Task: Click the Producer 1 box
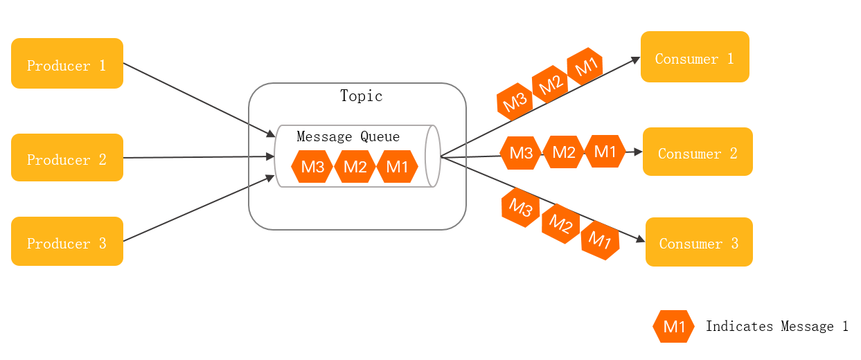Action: point(67,64)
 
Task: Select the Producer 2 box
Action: point(67,158)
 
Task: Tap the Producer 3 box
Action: point(67,242)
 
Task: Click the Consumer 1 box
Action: point(695,57)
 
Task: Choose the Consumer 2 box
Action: point(698,152)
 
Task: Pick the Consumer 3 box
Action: point(699,242)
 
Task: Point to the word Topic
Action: point(362,96)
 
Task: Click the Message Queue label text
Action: point(348,137)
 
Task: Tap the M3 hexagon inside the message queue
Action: point(312,167)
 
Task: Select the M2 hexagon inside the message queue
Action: point(355,167)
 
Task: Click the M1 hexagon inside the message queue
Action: point(397,167)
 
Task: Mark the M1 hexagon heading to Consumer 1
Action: point(585,66)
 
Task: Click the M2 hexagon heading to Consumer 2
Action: point(564,152)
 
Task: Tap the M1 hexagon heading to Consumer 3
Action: point(600,240)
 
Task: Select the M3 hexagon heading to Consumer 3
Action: point(521,207)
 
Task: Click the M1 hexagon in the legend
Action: point(673,327)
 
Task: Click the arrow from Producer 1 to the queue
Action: point(199,100)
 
